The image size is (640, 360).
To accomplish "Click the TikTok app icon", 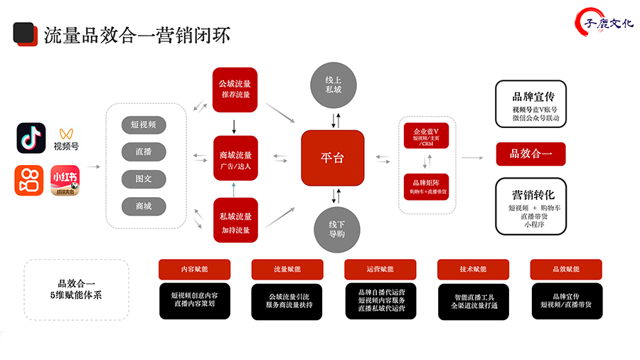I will click(x=31, y=137).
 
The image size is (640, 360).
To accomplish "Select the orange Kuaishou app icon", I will click(x=31, y=179).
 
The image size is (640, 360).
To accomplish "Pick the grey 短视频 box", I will click(x=144, y=125).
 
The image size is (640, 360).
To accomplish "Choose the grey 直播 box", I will click(x=144, y=152).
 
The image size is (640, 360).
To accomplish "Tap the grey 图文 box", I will click(x=144, y=179).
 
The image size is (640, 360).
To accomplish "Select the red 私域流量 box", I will click(x=235, y=221).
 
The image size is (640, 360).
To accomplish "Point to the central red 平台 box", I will click(x=333, y=157).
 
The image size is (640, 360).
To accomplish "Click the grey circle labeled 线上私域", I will click(x=334, y=85).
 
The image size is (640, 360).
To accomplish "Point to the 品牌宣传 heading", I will click(x=530, y=96).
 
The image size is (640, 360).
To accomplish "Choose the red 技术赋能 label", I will click(x=473, y=270).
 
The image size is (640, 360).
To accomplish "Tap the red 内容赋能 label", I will click(x=194, y=270).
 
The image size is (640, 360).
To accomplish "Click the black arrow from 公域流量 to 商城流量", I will click(x=234, y=126).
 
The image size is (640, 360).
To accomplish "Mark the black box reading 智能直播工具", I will click(x=473, y=301).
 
